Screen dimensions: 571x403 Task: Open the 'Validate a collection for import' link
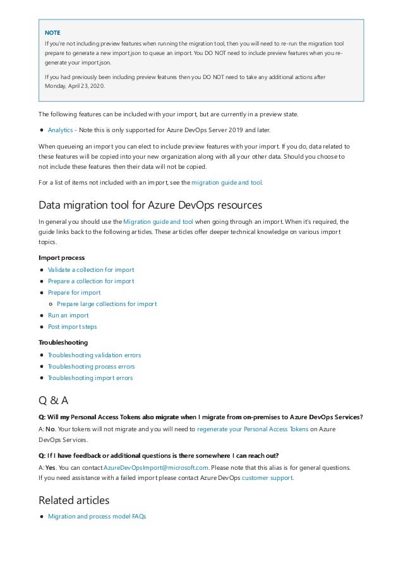[x=91, y=269]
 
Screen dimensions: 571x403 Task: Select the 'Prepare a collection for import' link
[x=91, y=281]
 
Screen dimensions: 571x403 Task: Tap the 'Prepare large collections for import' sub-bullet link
[x=107, y=304]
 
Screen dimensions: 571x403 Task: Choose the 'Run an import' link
[x=68, y=315]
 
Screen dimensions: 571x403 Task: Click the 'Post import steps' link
[x=72, y=326]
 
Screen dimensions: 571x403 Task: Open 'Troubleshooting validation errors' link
[x=94, y=355]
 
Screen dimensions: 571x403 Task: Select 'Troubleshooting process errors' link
[x=91, y=366]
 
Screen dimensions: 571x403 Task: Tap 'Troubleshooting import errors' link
[x=90, y=378]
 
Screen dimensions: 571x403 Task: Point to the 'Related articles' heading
[x=74, y=500]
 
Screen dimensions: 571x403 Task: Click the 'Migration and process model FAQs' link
[x=97, y=517]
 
